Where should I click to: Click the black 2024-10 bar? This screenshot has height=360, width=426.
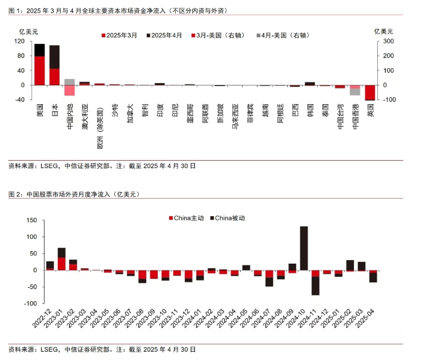(x=304, y=248)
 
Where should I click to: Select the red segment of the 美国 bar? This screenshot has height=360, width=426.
(x=40, y=70)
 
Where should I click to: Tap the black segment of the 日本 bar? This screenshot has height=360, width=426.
(x=54, y=57)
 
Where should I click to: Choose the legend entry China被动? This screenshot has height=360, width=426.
(x=229, y=218)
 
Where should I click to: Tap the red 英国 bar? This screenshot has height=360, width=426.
(x=369, y=92)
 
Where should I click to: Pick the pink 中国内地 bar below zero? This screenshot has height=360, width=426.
(x=69, y=90)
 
